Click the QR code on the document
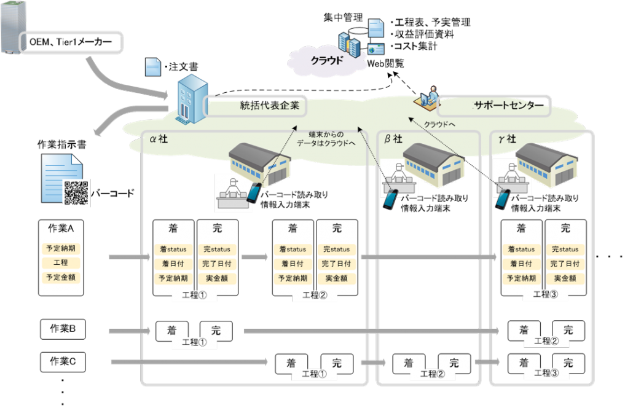pyautogui.click(x=76, y=192)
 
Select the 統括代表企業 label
pyautogui.click(x=269, y=106)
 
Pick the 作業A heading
pyautogui.click(x=61, y=229)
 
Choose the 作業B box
pyautogui.click(x=62, y=329)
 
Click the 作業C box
pyautogui.click(x=62, y=361)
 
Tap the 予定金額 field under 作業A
pyautogui.click(x=61, y=277)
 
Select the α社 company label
pyautogui.click(x=159, y=139)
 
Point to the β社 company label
pyautogui.click(x=393, y=139)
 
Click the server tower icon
pyautogui.click(x=10, y=28)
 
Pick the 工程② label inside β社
pyautogui.click(x=432, y=374)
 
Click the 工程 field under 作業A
pyautogui.click(x=61, y=263)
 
